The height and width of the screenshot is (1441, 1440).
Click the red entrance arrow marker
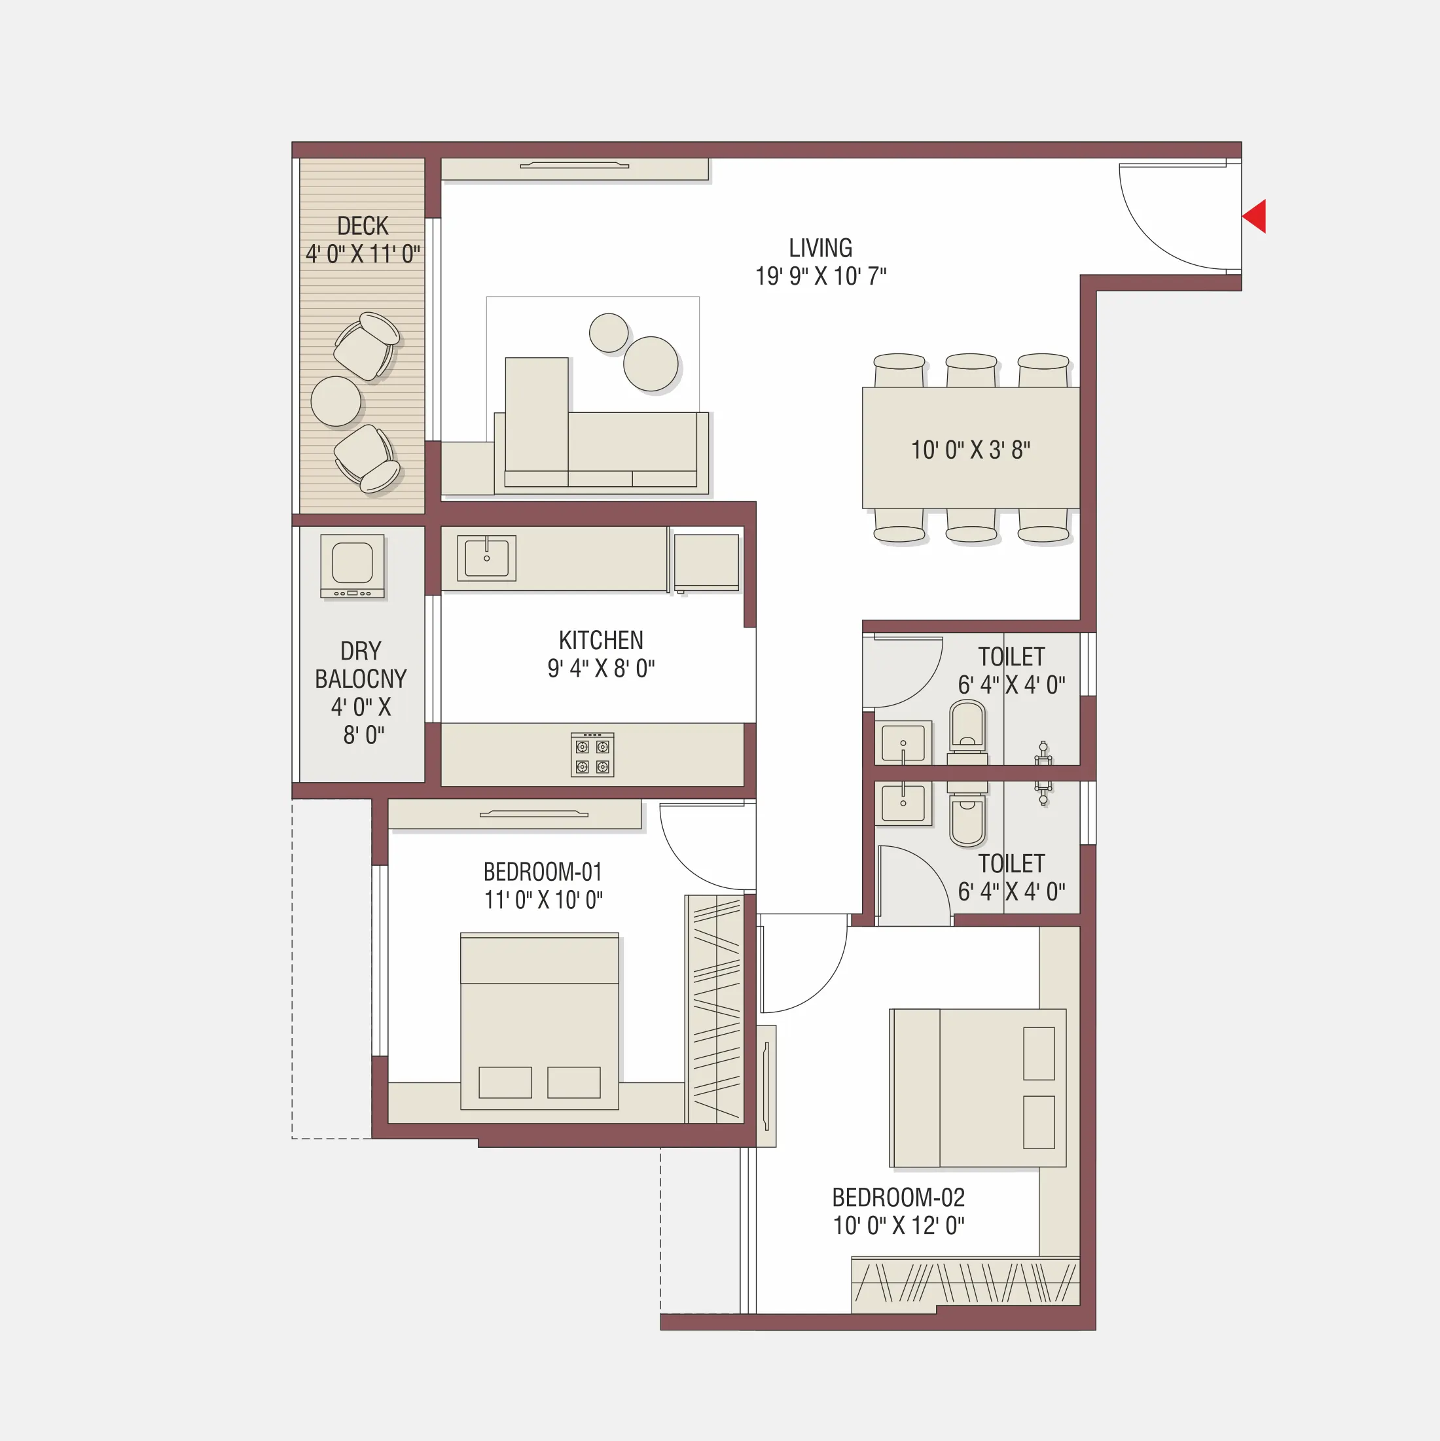[x=1255, y=217]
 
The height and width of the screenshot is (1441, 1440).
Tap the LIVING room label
[x=820, y=247]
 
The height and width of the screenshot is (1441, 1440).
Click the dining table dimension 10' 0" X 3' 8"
[x=970, y=450]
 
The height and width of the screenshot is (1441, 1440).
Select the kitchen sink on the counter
[x=486, y=557]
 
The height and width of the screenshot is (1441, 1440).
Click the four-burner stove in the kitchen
[x=592, y=755]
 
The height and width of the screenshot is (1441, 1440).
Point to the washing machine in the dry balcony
[x=352, y=565]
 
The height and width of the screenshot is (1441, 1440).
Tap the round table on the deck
[x=336, y=401]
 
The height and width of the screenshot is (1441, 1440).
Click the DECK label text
[x=363, y=226]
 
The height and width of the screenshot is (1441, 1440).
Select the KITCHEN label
[x=601, y=640]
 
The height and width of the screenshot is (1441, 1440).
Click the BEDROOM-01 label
[x=543, y=871]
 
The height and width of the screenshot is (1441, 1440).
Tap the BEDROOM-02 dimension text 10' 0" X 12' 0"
[x=898, y=1226]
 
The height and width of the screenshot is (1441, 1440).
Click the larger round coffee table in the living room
[x=651, y=363]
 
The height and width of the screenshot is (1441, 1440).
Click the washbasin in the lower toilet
[x=903, y=804]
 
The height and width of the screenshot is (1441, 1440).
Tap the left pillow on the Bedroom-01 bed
[x=505, y=1082]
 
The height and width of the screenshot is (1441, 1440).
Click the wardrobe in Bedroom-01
[x=715, y=1010]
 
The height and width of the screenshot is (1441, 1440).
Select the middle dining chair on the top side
[x=971, y=369]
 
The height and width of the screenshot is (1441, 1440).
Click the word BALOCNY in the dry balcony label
[x=361, y=679]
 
